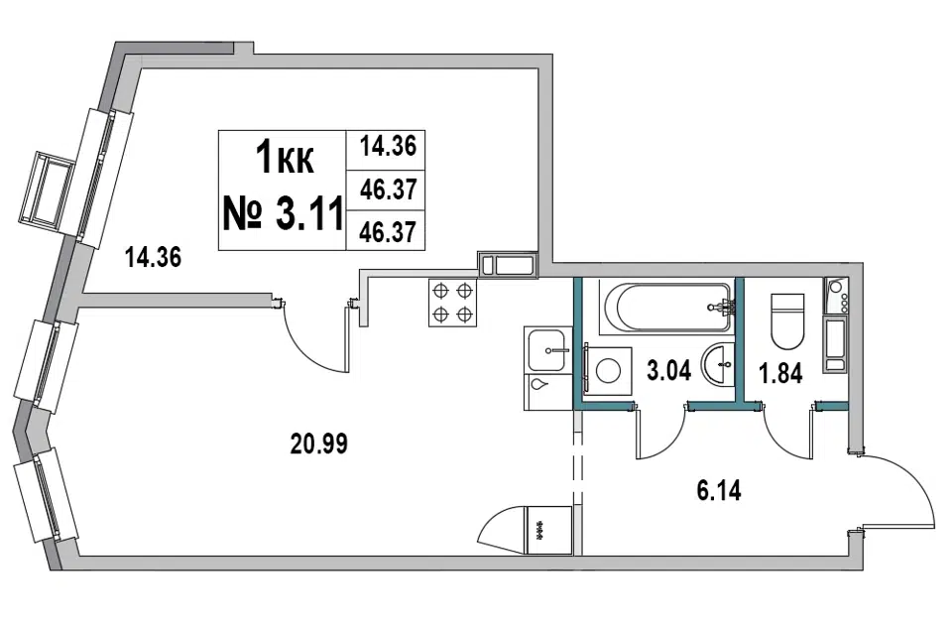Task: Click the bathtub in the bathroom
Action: [666, 308]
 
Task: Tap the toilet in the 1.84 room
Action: [787, 321]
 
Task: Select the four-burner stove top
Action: [453, 303]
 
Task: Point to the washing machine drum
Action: [608, 371]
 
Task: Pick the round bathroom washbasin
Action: [718, 364]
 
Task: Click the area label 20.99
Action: [319, 444]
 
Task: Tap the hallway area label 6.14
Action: [719, 490]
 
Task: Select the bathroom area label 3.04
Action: [669, 370]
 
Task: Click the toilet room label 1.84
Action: [781, 373]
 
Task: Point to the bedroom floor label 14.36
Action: [153, 257]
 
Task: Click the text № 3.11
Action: [283, 214]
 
